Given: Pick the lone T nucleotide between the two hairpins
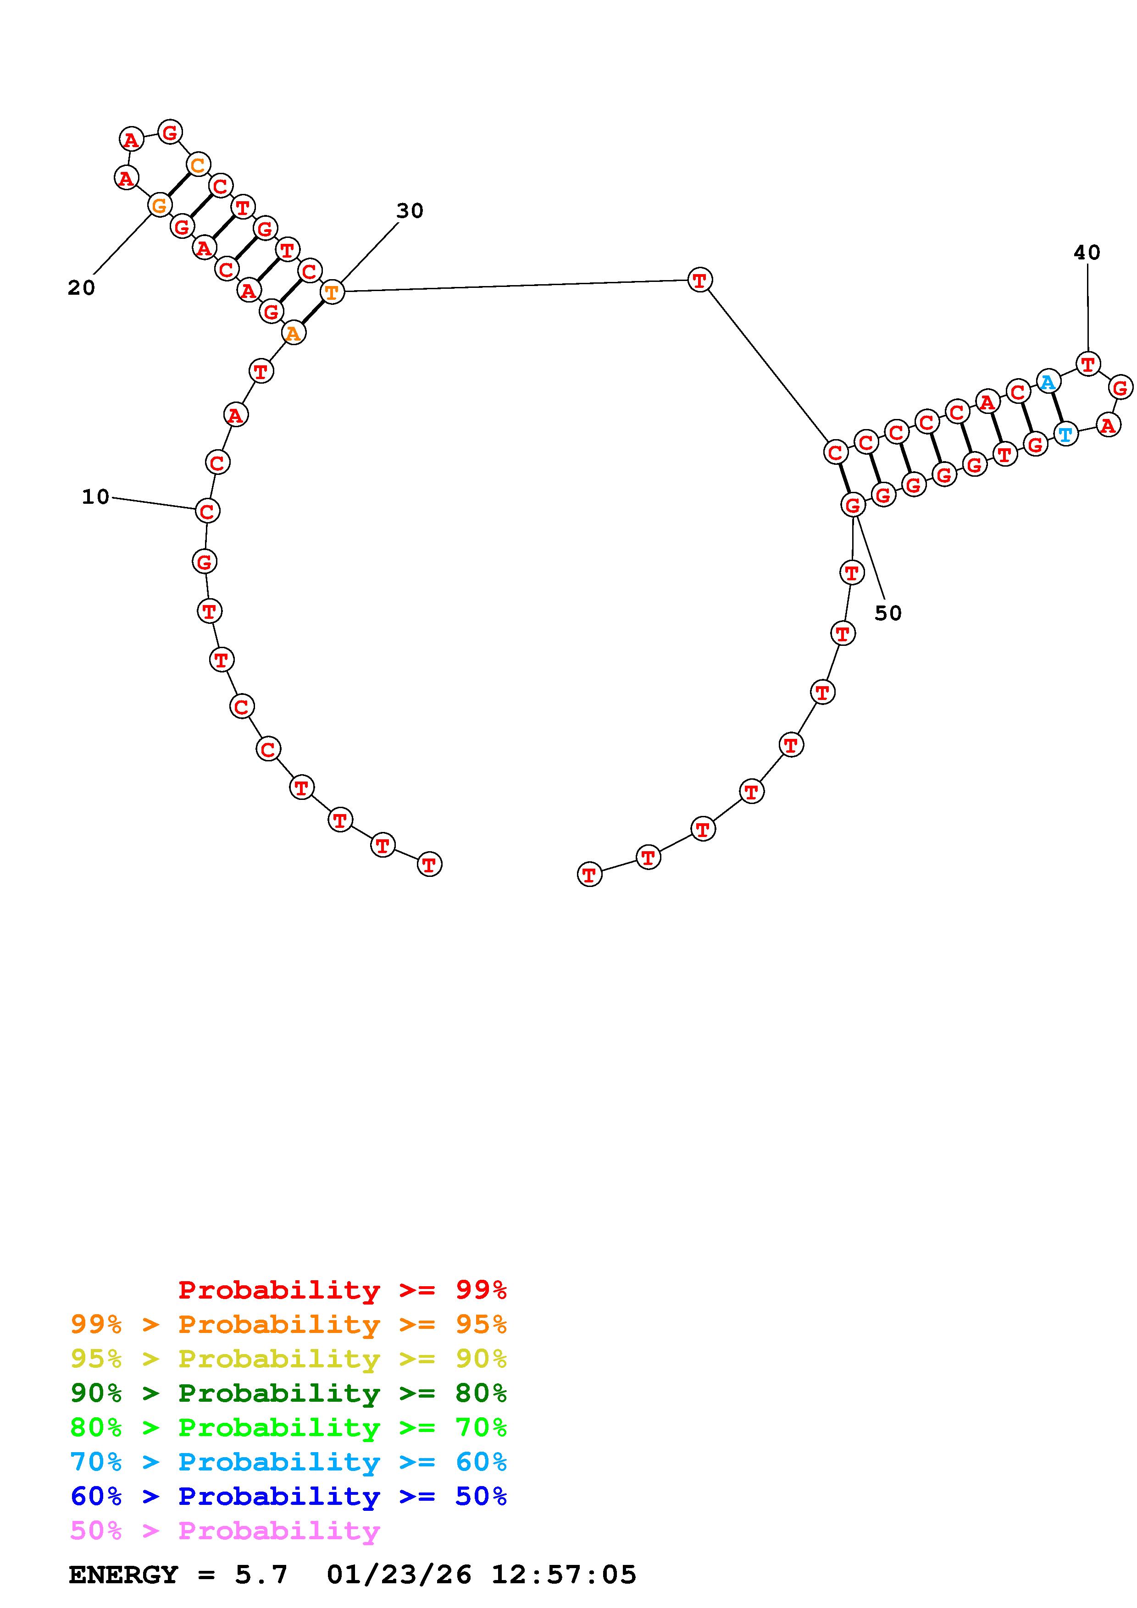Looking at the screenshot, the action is click(699, 280).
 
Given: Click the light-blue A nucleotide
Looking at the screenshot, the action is click(1047, 382).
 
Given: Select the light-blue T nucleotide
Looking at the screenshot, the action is click(1065, 434).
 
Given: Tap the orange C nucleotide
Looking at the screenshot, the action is click(198, 165).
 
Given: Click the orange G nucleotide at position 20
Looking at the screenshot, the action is click(160, 205).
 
